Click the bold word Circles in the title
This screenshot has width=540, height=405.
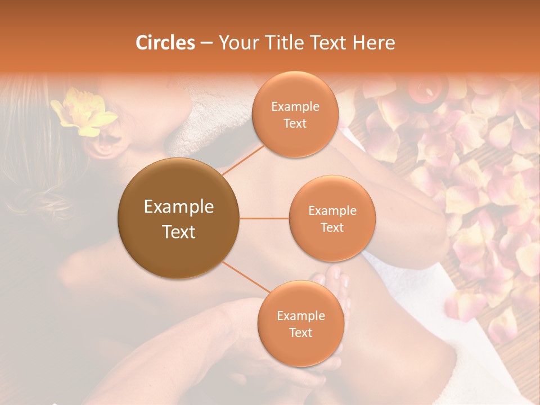pyautogui.click(x=165, y=43)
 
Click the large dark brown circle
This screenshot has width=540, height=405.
pyautogui.click(x=178, y=218)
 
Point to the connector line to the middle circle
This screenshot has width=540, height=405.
pyautogui.click(x=264, y=218)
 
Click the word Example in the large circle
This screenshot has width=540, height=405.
pyautogui.click(x=179, y=207)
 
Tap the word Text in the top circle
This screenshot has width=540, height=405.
pyautogui.click(x=295, y=123)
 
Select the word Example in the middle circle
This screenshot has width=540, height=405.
pyautogui.click(x=332, y=211)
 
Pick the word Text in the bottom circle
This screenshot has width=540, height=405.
pyautogui.click(x=300, y=332)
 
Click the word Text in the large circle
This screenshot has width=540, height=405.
pyautogui.click(x=179, y=232)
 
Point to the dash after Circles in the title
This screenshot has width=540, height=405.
pyautogui.click(x=206, y=43)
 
